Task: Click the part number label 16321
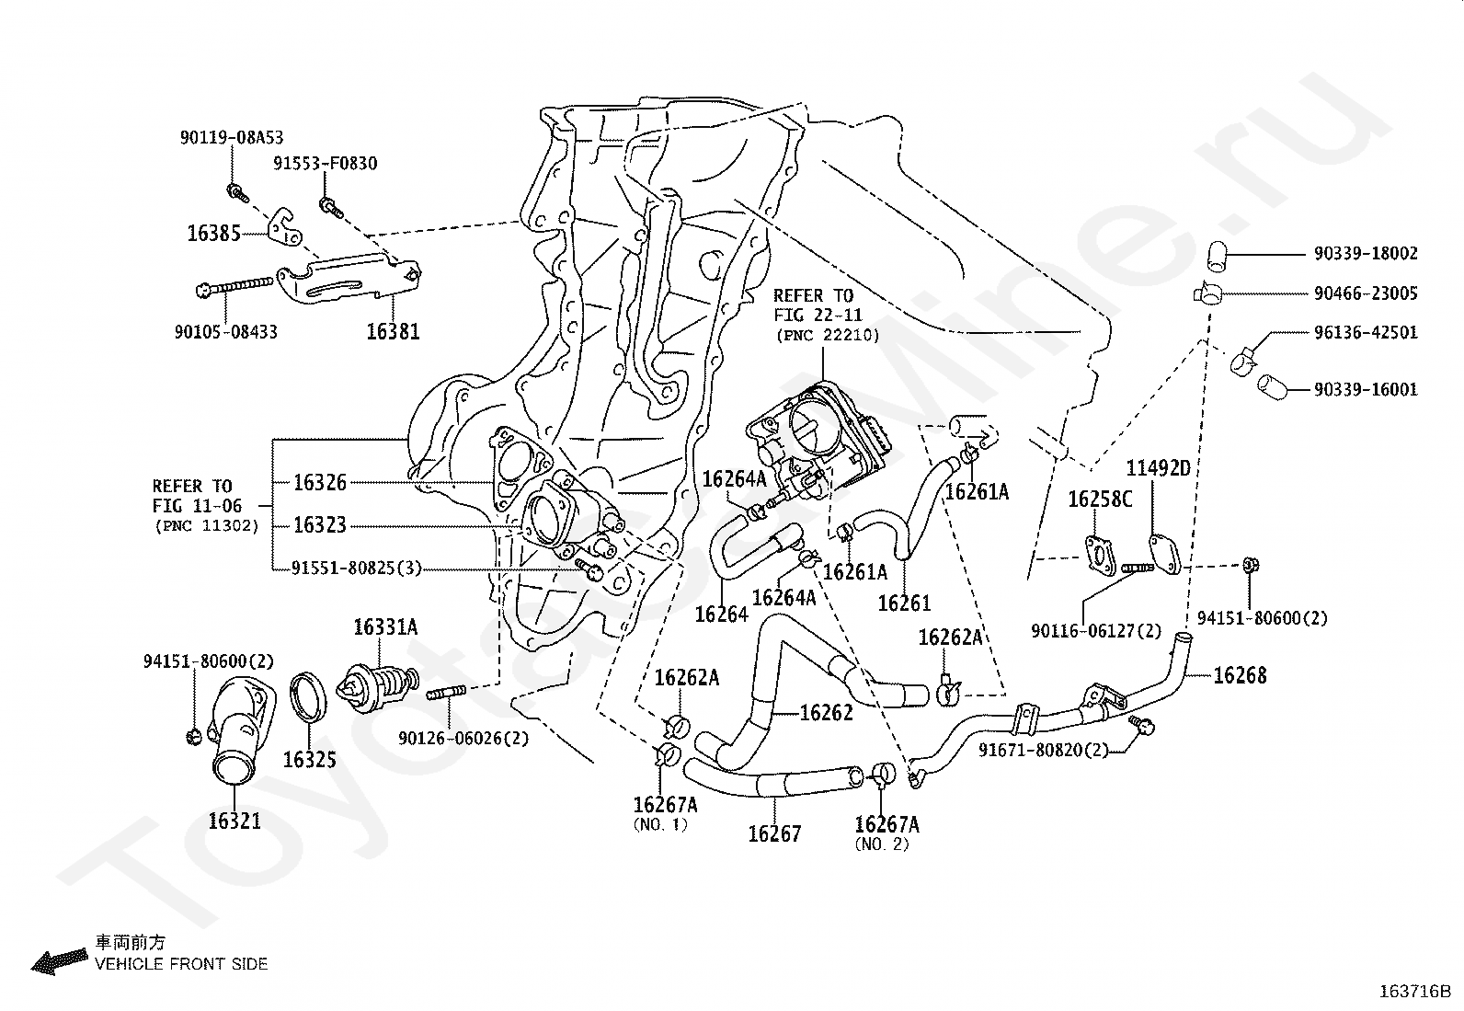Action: (x=234, y=821)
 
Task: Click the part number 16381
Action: (x=393, y=331)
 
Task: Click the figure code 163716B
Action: (x=1413, y=992)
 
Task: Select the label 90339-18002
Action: (x=1366, y=253)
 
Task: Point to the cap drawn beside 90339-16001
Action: (x=1269, y=385)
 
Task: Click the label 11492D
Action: (x=1158, y=468)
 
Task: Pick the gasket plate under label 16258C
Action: (x=1099, y=553)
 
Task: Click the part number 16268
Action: (x=1240, y=676)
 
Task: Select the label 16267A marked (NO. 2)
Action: (x=886, y=824)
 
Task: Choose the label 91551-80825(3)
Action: (x=357, y=569)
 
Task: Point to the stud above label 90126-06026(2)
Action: (x=447, y=693)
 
